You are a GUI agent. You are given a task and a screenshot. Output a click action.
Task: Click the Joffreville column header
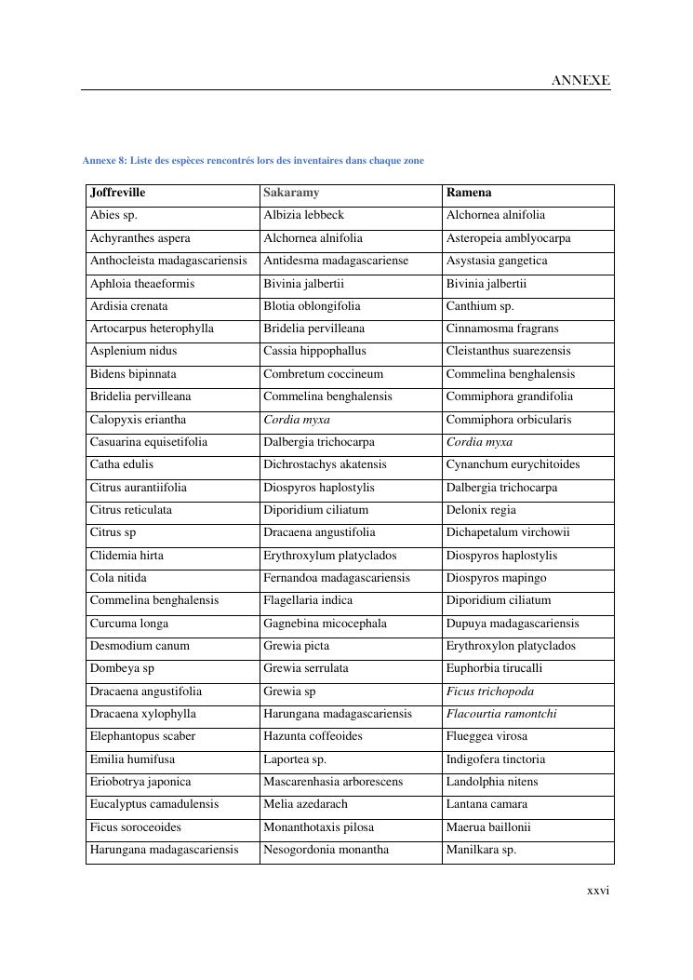[118, 193]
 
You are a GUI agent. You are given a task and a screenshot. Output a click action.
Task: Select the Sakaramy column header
[291, 193]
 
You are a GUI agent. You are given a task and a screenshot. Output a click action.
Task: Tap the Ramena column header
[469, 193]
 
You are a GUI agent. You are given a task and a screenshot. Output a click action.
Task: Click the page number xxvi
[598, 891]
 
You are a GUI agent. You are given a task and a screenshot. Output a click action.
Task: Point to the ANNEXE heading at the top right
[580, 80]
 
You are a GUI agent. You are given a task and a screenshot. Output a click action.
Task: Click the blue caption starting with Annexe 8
[253, 160]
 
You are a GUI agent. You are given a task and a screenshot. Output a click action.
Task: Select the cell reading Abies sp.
[113, 215]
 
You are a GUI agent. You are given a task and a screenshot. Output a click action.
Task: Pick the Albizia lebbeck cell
[303, 215]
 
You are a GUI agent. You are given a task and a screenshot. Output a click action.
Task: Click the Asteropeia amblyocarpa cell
[508, 238]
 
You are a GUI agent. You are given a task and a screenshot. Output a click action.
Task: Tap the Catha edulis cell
[122, 464]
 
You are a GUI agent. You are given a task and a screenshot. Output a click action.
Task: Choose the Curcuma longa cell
[129, 624]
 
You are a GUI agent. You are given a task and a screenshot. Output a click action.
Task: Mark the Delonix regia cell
[481, 510]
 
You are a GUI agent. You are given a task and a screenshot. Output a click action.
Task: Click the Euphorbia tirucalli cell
[494, 668]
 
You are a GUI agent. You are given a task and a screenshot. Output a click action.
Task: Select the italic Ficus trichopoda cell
[489, 691]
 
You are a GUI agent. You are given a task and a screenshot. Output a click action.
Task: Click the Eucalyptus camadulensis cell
[154, 804]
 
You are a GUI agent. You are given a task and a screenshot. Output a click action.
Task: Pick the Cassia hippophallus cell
[314, 351]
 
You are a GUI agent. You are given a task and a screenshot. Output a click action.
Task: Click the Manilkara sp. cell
[481, 850]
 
